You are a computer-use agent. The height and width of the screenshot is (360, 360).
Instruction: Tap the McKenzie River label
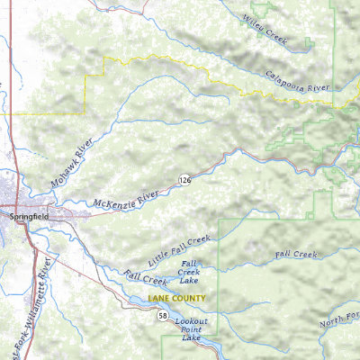point(125,198)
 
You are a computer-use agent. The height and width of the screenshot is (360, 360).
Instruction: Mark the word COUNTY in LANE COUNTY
point(190,298)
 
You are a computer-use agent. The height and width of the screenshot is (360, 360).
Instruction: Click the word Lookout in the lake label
point(191,321)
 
